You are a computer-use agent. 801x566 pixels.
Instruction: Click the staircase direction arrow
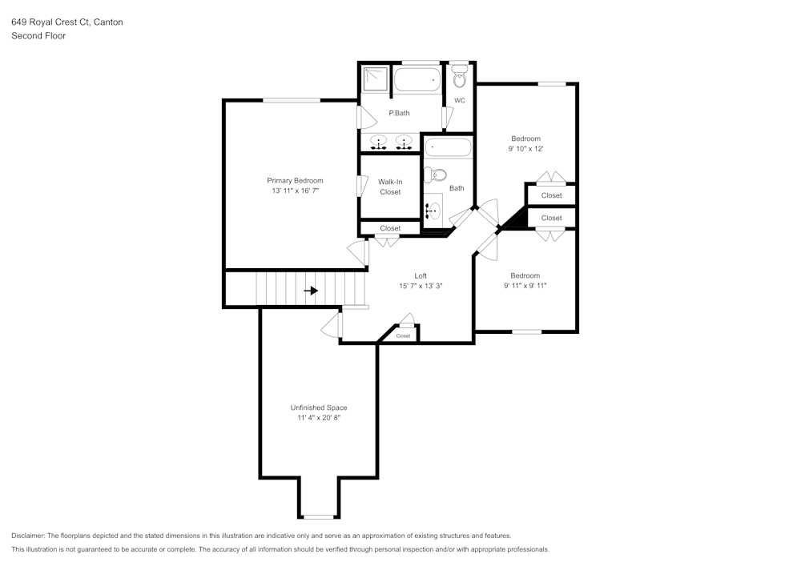pyautogui.click(x=311, y=291)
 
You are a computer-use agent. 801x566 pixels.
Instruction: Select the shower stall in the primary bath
pyautogui.click(x=376, y=78)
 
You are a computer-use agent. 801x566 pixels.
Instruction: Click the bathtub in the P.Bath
pyautogui.click(x=417, y=79)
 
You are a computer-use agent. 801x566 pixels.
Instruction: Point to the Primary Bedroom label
pyautogui.click(x=296, y=181)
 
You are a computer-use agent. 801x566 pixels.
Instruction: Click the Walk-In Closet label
pyautogui.click(x=390, y=187)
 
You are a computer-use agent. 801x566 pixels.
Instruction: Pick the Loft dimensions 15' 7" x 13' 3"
pyautogui.click(x=421, y=287)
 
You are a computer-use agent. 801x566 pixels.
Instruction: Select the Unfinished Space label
pyautogui.click(x=319, y=407)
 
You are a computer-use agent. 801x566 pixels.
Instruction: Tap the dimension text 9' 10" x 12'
pyautogui.click(x=525, y=149)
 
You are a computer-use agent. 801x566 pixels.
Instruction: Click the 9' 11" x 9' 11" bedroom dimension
pyautogui.click(x=525, y=286)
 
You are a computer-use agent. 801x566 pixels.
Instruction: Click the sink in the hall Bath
pyautogui.click(x=433, y=210)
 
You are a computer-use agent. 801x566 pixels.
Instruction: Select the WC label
pyautogui.click(x=460, y=101)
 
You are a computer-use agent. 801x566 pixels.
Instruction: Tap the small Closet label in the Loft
pyautogui.click(x=403, y=335)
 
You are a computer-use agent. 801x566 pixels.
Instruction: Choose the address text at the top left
pyautogui.click(x=67, y=22)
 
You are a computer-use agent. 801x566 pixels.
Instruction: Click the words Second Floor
pyautogui.click(x=38, y=36)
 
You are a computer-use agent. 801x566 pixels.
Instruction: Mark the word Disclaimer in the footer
pyautogui.click(x=28, y=536)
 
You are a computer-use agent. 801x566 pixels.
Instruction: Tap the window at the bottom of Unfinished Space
pyautogui.click(x=319, y=516)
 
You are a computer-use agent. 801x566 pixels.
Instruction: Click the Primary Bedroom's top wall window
pyautogui.click(x=292, y=100)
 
